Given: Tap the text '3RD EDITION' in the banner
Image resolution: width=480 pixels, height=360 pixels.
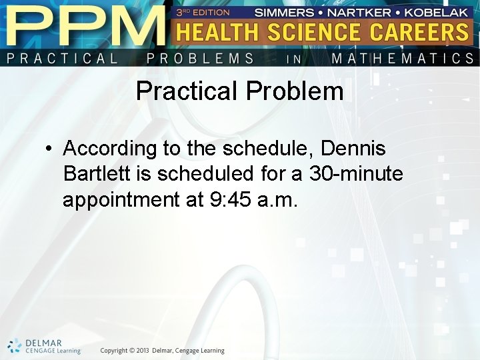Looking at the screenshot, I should point(203,12).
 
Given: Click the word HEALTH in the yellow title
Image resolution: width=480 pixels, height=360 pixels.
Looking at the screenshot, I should point(219,33).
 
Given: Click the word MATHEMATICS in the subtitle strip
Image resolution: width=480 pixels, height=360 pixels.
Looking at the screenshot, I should point(403,59).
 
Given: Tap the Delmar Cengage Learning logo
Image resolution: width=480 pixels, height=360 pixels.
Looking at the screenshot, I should point(44,346).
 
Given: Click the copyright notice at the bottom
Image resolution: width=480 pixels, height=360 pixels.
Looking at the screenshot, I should point(162,351).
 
